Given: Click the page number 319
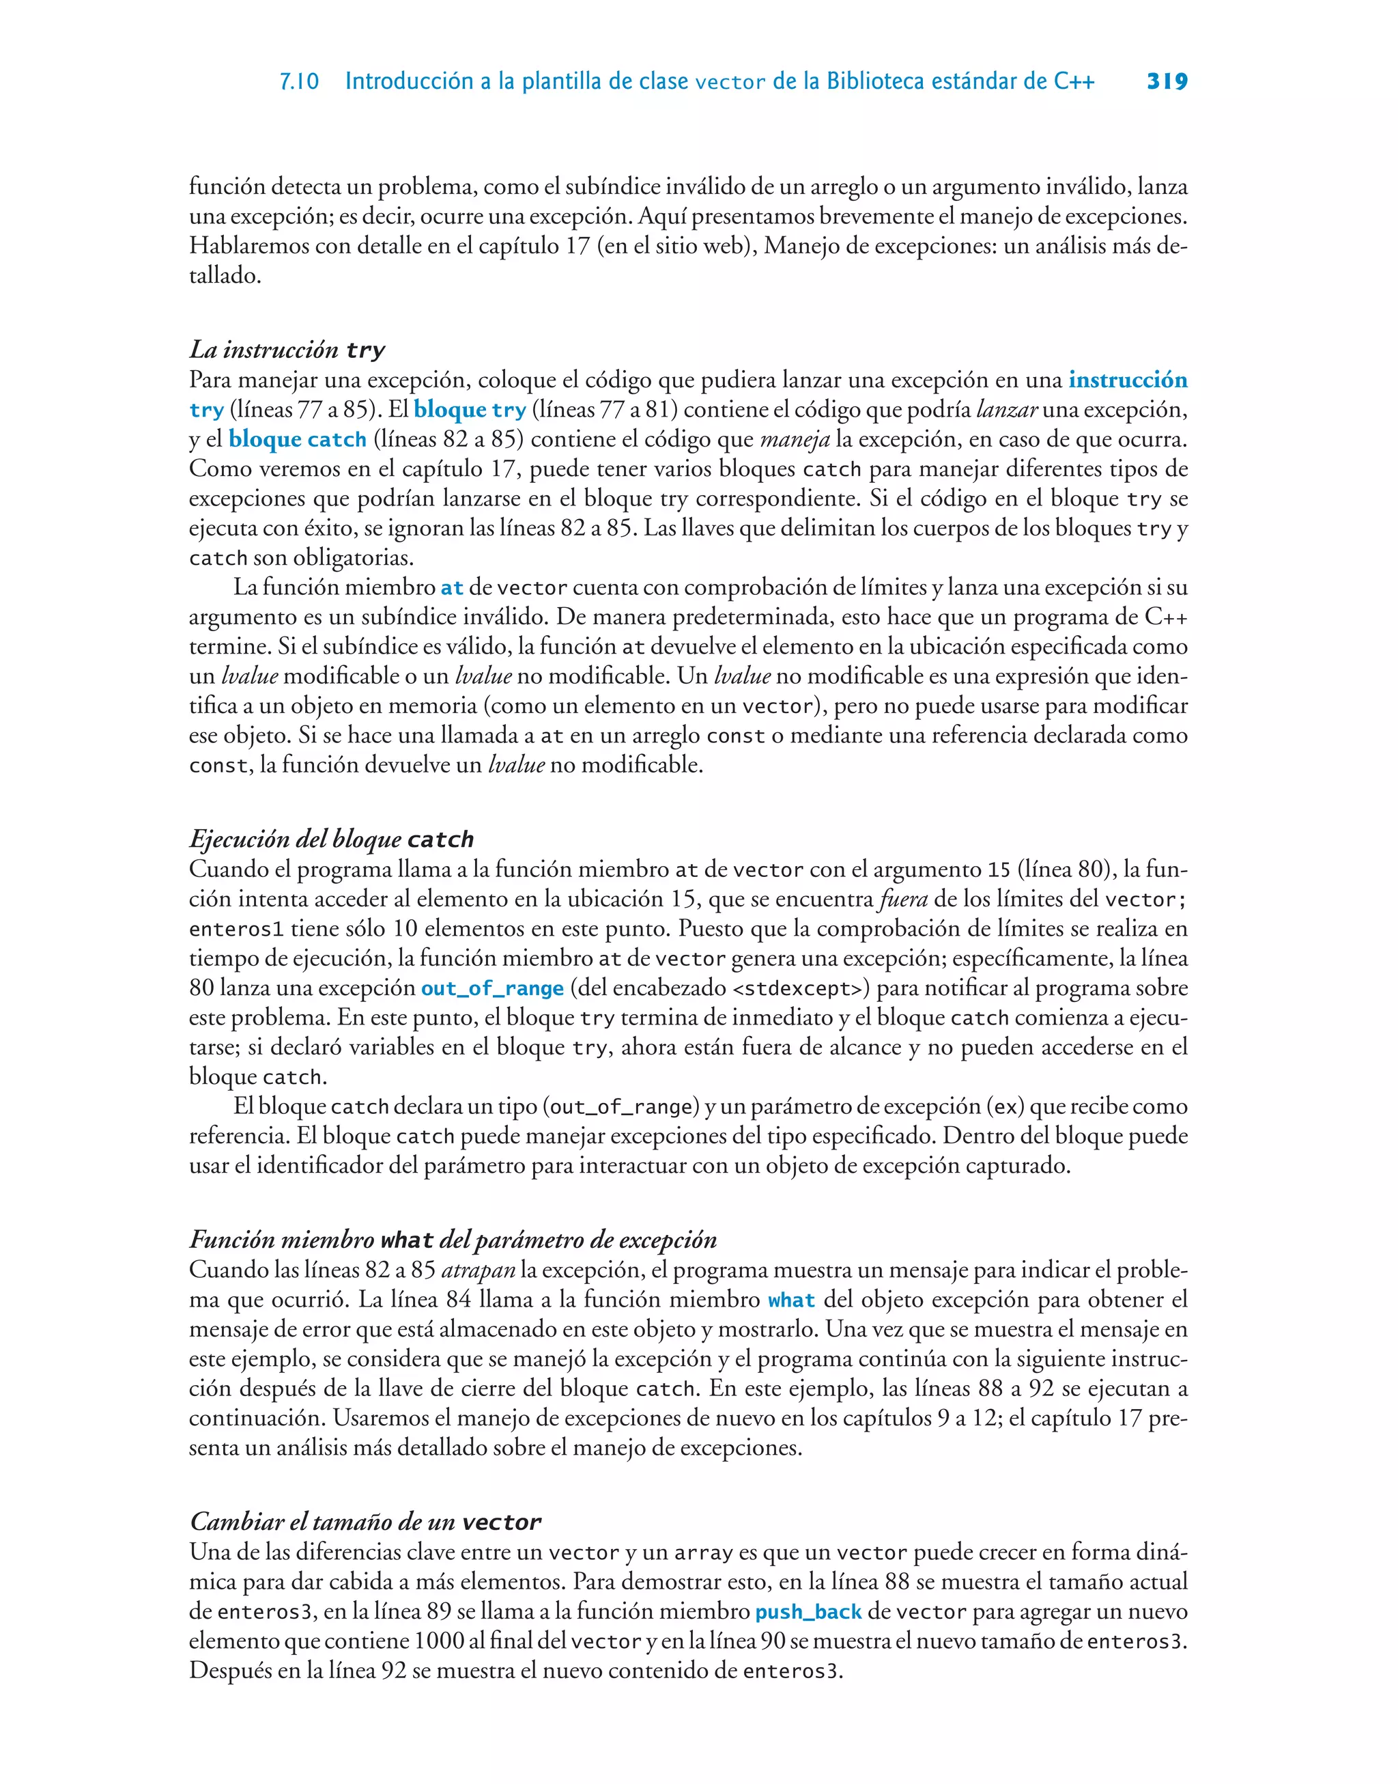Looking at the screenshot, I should (1167, 81).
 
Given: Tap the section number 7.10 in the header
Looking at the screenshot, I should (299, 82).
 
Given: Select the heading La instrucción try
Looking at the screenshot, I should (287, 350).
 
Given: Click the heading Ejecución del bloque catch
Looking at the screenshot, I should (332, 839).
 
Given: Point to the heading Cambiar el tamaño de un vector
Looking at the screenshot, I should (365, 1522).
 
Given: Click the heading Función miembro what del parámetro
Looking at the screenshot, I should (453, 1240).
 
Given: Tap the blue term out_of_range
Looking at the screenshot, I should (492, 988).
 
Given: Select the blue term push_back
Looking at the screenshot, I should (807, 1612).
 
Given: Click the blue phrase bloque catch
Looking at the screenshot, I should (297, 440).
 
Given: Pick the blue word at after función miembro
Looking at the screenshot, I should (452, 588).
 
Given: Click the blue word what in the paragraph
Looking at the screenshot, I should (790, 1300).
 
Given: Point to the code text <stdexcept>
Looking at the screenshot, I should (799, 988).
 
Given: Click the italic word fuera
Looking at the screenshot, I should (903, 899).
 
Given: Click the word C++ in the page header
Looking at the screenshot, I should (1073, 81).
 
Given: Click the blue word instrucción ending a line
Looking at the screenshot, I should (1127, 380).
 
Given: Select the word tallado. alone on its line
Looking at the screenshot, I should (225, 276).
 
